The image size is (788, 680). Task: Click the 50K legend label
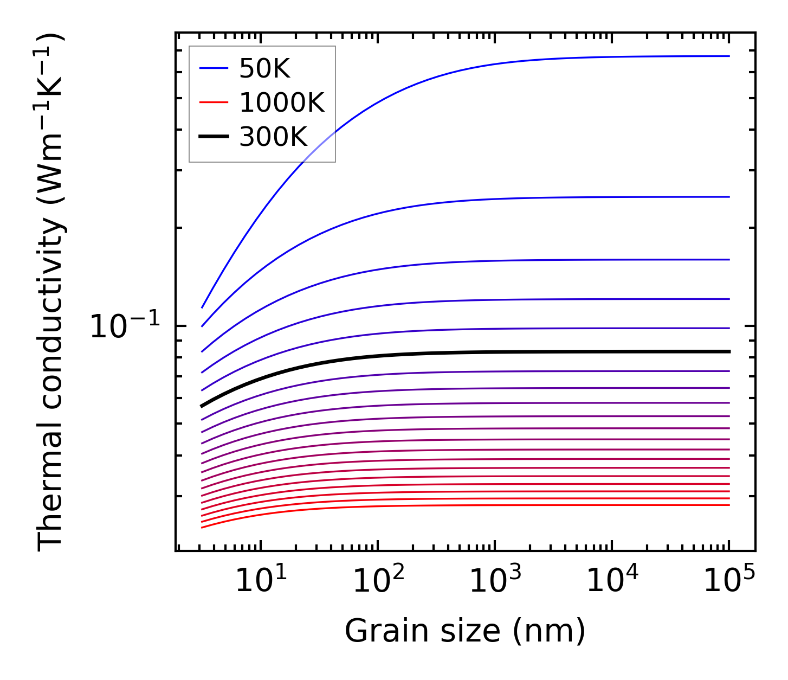coord(264,69)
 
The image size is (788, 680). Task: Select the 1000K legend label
coord(282,102)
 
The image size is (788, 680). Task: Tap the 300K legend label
coord(273,137)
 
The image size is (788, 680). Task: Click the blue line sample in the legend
coord(214,68)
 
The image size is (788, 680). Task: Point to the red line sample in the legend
coord(214,102)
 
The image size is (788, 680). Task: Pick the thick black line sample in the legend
coord(214,137)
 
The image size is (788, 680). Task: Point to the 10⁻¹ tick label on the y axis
coord(125,327)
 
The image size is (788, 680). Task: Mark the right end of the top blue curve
coord(729,56)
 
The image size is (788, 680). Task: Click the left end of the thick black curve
coord(202,406)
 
